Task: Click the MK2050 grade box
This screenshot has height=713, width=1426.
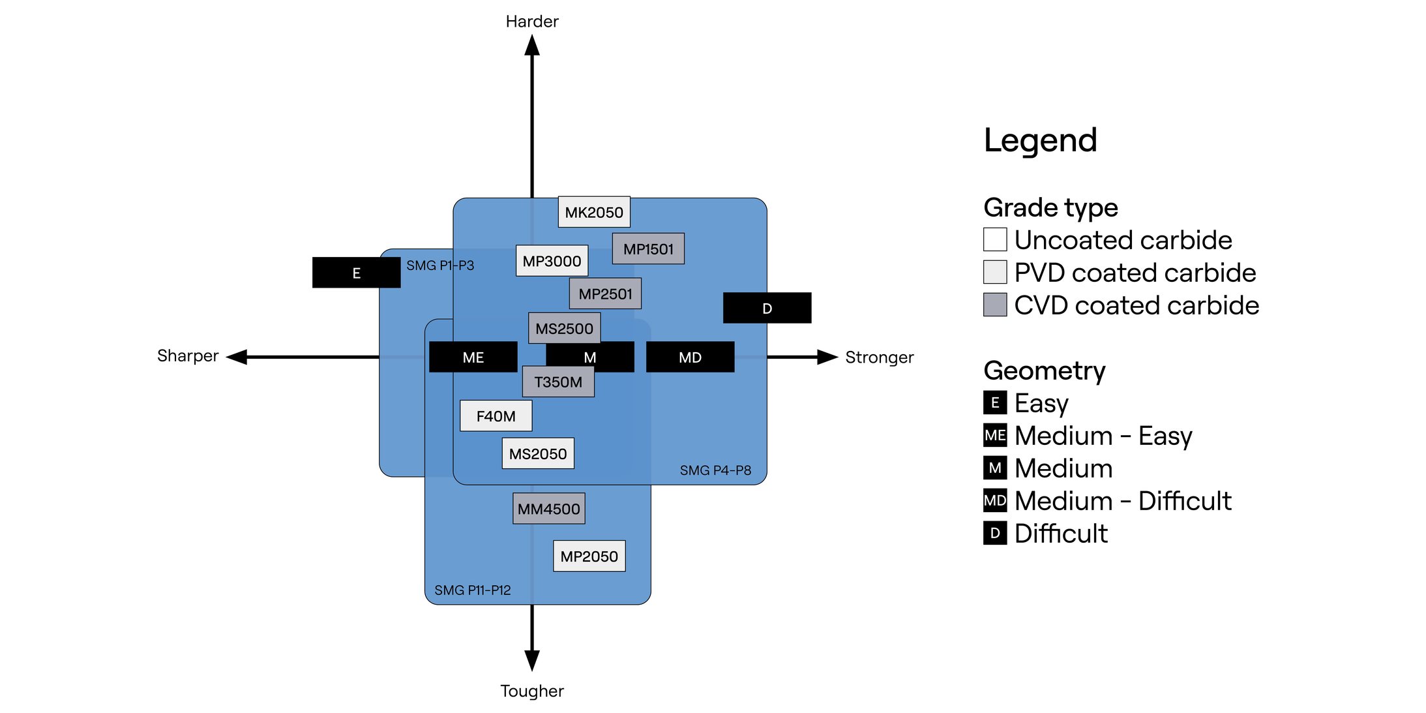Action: tap(593, 212)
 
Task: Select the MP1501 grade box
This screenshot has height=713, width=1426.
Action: tap(648, 249)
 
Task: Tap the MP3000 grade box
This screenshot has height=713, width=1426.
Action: tap(552, 261)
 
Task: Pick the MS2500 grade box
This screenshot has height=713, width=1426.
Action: tap(564, 328)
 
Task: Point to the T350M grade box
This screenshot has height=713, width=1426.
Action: tap(558, 382)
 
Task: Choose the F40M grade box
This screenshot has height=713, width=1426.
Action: tap(496, 416)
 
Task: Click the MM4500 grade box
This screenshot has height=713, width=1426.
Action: tap(548, 509)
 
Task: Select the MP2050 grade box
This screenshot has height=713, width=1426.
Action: tap(589, 556)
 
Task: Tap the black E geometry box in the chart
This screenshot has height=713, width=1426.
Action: tap(356, 273)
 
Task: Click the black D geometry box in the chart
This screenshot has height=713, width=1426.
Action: tap(767, 308)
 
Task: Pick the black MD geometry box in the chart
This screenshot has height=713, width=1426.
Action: tap(690, 357)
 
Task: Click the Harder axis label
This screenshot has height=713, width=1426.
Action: tap(532, 22)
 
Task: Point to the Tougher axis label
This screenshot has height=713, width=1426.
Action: tap(532, 691)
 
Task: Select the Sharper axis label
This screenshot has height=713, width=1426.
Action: tap(188, 356)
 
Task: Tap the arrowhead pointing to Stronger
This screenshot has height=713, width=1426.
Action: tap(827, 357)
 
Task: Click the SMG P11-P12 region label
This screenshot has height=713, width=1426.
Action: tap(473, 590)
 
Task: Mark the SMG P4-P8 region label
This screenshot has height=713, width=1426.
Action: tap(715, 470)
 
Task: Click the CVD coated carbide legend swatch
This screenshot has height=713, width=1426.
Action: tap(994, 305)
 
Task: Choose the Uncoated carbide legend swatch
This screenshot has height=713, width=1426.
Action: tap(994, 239)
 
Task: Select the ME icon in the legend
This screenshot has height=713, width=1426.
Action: tap(994, 435)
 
